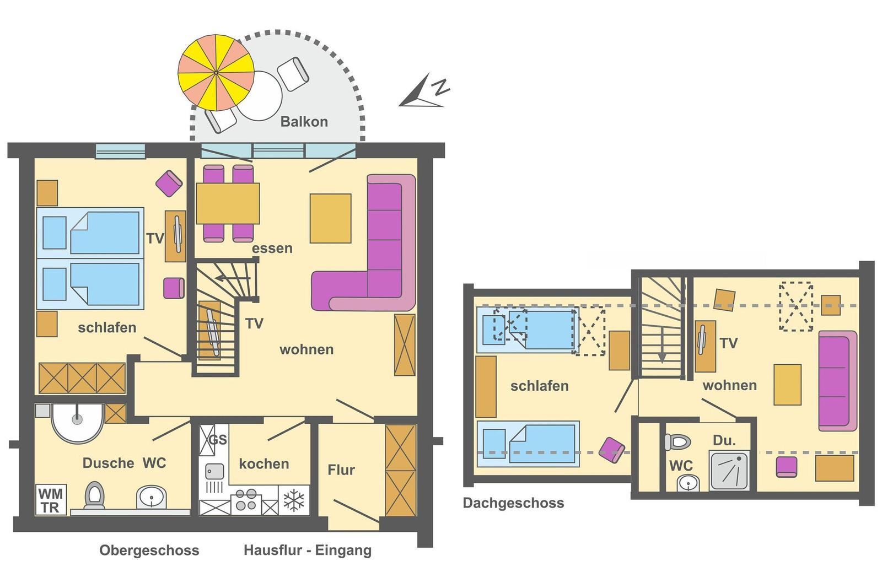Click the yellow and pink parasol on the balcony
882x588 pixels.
click(216, 72)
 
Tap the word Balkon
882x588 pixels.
click(304, 122)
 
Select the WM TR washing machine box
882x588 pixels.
click(51, 500)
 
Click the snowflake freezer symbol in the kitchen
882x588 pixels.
click(294, 500)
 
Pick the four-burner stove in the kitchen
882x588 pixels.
click(246, 500)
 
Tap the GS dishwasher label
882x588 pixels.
click(218, 439)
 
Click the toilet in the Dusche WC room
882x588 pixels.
click(94, 495)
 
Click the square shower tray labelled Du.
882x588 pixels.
click(729, 470)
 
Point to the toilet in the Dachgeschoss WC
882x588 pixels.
click(677, 442)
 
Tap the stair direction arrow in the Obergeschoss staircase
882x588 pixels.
click(232, 279)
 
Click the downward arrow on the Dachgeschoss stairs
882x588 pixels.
click(662, 345)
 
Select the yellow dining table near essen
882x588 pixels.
click(228, 203)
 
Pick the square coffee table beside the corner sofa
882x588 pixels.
click(330, 218)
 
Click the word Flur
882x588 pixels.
click(341, 470)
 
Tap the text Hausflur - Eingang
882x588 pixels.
click(308, 550)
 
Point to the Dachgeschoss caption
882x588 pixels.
click(513, 503)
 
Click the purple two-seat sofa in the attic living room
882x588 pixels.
click(837, 381)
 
